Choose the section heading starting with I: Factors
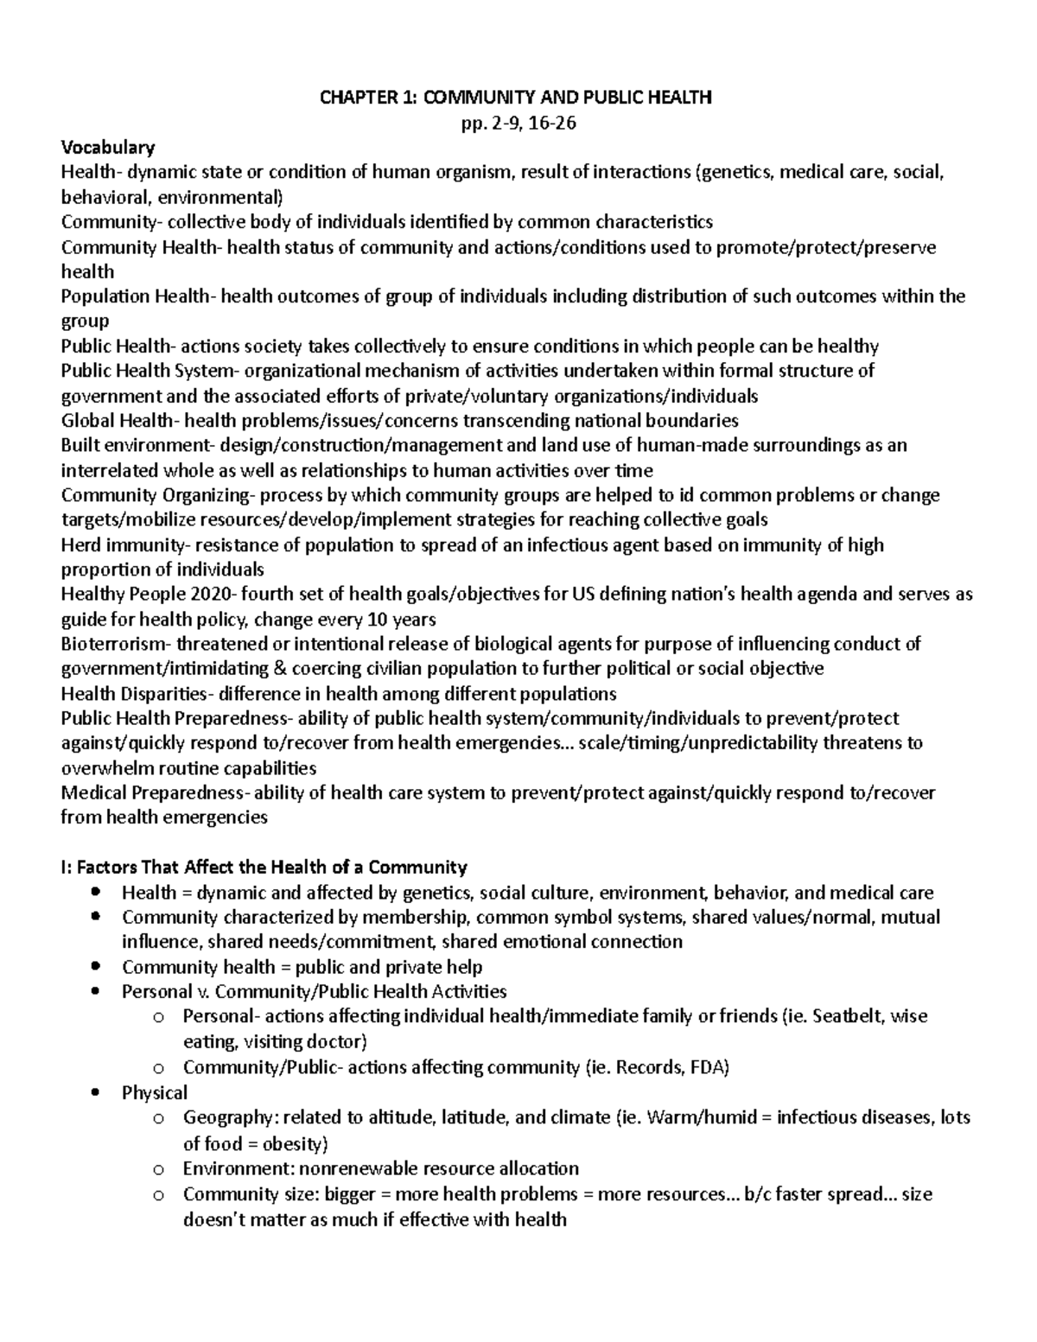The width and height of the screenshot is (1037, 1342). [264, 867]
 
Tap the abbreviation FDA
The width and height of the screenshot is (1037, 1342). [709, 1068]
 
